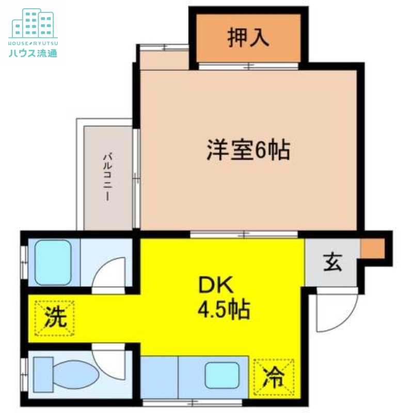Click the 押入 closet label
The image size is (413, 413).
pos(248,38)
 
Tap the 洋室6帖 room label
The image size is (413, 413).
pos(248,150)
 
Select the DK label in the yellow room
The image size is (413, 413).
pos(216,284)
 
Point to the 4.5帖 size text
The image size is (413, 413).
pos(224,309)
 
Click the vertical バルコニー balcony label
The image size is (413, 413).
pos(107,178)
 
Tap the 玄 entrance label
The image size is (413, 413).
pos(332,262)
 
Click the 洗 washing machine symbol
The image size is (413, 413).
pos(55,318)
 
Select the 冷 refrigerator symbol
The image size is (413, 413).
pos(274,377)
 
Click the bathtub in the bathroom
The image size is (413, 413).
pos(53,263)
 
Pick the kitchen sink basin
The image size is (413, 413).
pos(222,375)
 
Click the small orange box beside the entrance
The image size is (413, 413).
pos(373,248)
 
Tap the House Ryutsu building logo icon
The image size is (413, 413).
pos(33,23)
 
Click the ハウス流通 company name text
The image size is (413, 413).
pos(33,53)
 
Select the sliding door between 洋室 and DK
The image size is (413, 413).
pos(244,234)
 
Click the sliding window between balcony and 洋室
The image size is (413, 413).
pos(136,178)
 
